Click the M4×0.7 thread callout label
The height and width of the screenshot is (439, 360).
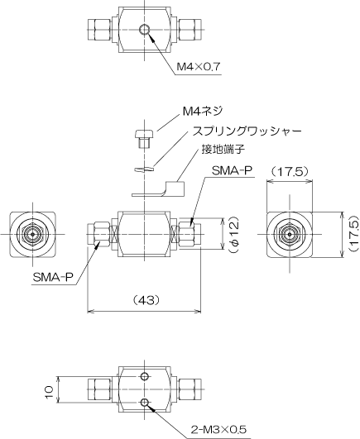tap(199, 67)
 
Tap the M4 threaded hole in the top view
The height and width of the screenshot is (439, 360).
tap(145, 30)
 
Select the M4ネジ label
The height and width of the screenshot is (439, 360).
tap(203, 111)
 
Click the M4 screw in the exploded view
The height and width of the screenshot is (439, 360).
tap(145, 138)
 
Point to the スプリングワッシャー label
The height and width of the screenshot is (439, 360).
tap(247, 131)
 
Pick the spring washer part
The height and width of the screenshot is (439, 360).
tap(145, 169)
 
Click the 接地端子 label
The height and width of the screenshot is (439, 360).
tap(223, 149)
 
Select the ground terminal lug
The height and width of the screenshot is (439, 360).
tap(158, 189)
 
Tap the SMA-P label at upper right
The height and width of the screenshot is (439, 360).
tap(232, 171)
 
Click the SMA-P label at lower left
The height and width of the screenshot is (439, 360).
tap(53, 278)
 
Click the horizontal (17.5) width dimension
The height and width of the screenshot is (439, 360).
tap(290, 171)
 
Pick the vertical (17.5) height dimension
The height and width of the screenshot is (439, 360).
tap(354, 233)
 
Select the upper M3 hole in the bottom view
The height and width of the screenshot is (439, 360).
tap(144, 376)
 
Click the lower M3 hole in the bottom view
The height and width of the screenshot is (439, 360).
tap(144, 403)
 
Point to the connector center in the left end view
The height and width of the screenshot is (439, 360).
tap(33, 234)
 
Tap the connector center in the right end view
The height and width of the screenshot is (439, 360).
tap(290, 234)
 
